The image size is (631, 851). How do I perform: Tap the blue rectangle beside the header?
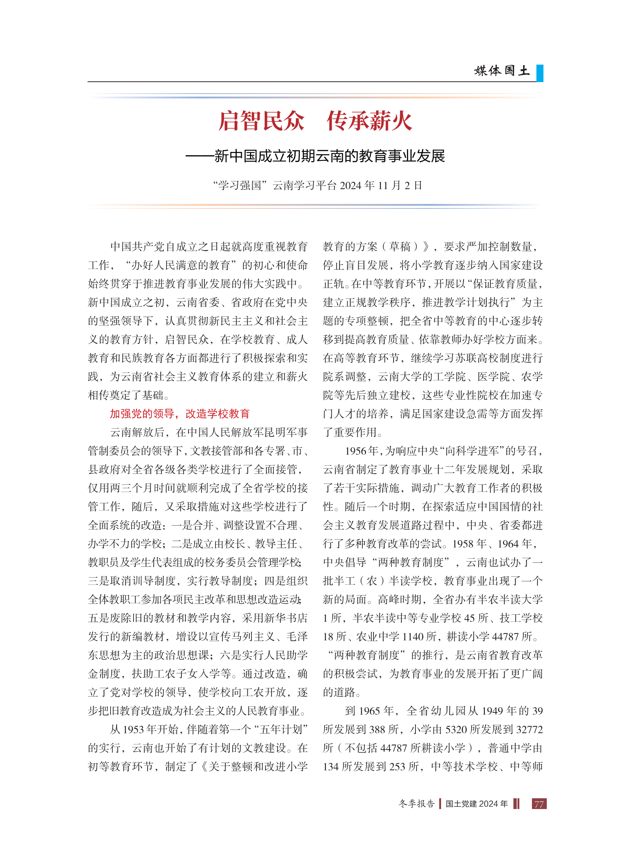tap(539, 73)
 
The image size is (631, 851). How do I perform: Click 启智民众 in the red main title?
tap(261, 121)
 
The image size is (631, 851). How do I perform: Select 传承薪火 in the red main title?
tap(369, 121)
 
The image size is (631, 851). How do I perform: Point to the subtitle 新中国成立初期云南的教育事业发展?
tap(329, 156)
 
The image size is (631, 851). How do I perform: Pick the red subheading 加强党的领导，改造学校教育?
tap(180, 413)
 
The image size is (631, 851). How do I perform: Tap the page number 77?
tap(539, 803)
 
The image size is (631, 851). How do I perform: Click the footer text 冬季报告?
tap(416, 803)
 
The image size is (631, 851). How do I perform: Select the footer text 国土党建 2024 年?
tap(476, 803)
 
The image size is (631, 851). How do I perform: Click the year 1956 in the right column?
tap(356, 451)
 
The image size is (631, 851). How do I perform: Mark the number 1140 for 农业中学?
tap(413, 636)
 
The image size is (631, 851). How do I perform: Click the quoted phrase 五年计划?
tap(281, 730)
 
